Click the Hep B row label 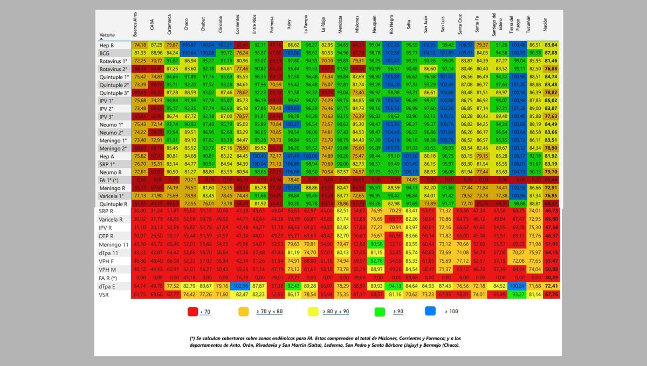coord(107,45)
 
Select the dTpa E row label coord(108,286)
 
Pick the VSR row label coord(105,294)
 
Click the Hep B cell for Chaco coord(190,45)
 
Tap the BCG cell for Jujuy coord(293,53)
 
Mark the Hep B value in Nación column coord(551,45)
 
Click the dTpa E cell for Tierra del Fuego coord(517,286)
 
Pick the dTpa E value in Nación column coord(551,286)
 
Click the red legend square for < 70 coord(191,311)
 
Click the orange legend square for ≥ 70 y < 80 coord(244,311)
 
